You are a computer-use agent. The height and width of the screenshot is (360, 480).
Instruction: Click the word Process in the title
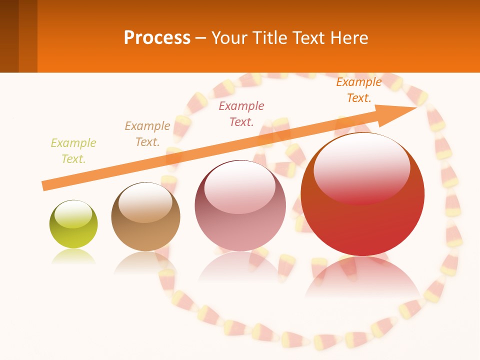pyautogui.click(x=157, y=37)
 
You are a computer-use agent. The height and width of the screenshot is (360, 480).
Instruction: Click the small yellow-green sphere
pyautogui.click(x=73, y=224)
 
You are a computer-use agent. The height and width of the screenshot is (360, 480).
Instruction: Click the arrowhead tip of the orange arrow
pyautogui.click(x=416, y=107)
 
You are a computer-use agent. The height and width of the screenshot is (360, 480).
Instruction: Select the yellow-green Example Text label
pyautogui.click(x=73, y=151)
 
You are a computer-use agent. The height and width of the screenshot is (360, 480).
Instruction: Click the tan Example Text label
pyautogui.click(x=147, y=134)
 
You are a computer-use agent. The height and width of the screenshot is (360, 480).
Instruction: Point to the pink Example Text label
pyautogui.click(x=241, y=113)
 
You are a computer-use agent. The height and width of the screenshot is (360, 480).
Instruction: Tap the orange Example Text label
pyautogui.click(x=358, y=90)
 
